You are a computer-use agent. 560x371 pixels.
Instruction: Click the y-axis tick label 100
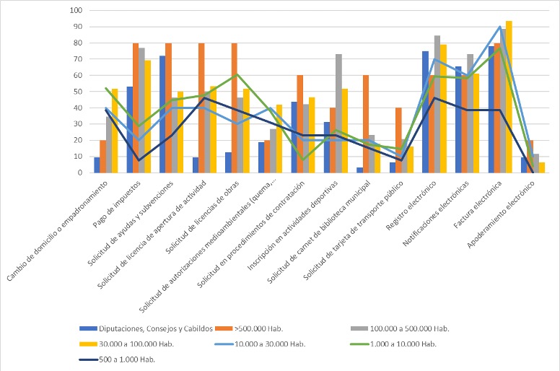pos(76,11)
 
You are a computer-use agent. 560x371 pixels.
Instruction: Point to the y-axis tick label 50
pos(78,92)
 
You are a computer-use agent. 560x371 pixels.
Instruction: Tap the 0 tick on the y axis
pos(80,173)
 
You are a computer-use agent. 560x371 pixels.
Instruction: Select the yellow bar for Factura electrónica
pos(509,97)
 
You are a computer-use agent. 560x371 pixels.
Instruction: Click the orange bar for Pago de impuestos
pos(136,108)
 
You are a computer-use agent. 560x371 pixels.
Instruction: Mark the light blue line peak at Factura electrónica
pos(499,27)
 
